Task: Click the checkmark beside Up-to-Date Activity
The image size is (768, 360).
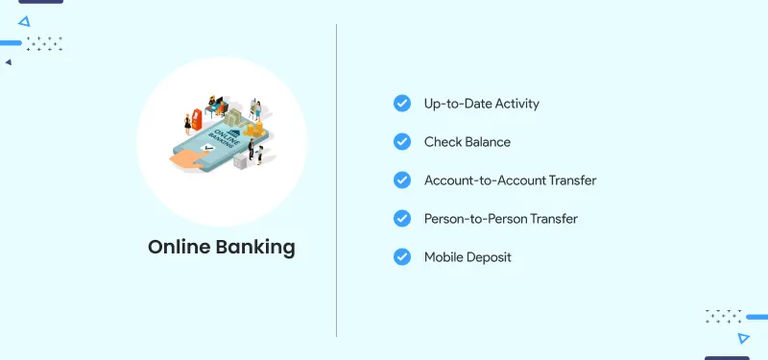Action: tap(402, 103)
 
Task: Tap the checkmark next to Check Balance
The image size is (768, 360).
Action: tap(402, 141)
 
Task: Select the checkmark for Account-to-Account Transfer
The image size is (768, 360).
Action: tap(402, 180)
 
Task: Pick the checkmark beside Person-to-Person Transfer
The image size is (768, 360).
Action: tap(402, 218)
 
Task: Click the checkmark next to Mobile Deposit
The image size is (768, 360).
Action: tap(402, 256)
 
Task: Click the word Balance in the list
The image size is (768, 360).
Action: tap(487, 141)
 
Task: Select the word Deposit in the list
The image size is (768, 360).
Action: tap(489, 257)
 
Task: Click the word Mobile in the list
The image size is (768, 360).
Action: tap(443, 256)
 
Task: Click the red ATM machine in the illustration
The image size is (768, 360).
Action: tap(198, 119)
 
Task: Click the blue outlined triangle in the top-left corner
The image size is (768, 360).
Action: tap(24, 20)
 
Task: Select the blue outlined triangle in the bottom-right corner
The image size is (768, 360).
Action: tap(743, 338)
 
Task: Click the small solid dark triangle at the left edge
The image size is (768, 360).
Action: tap(8, 62)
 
